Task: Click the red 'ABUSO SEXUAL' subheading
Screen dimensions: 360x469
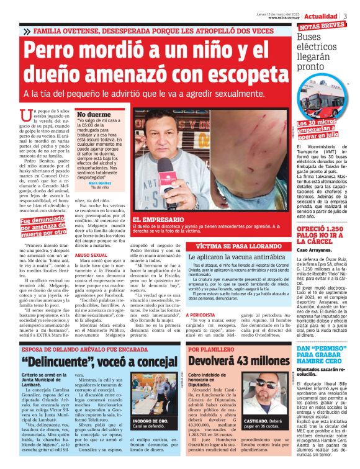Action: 91,254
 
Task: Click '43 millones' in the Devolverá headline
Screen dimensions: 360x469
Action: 254,360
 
